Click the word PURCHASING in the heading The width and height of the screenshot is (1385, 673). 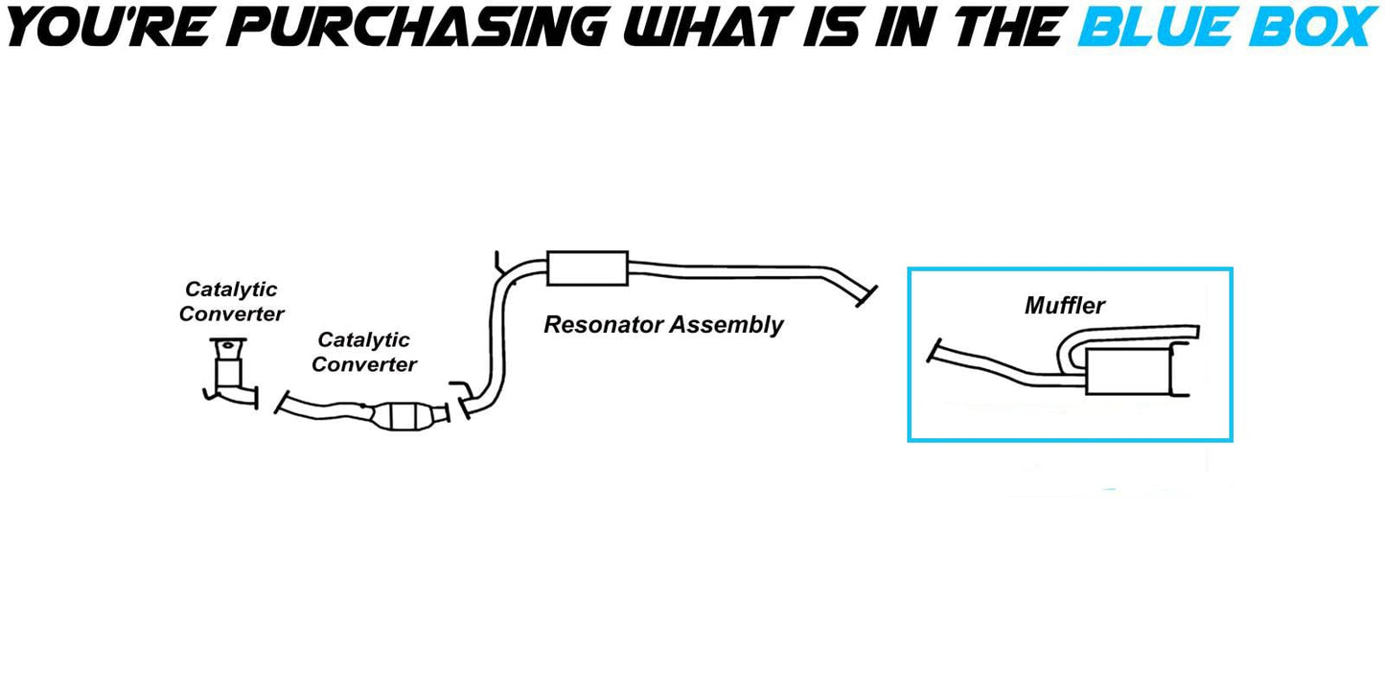(x=422, y=26)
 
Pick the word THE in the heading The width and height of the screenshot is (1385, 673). (x=1006, y=26)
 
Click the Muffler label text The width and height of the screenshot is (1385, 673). (x=1065, y=306)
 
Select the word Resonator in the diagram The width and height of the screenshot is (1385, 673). (x=603, y=325)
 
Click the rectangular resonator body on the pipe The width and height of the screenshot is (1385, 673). (x=587, y=268)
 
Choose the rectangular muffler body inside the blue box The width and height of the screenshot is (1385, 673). (x=1129, y=371)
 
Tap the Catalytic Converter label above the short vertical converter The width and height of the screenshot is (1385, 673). (x=231, y=301)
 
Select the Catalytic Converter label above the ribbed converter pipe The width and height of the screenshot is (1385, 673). (x=364, y=352)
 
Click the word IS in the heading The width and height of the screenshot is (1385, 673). (x=842, y=26)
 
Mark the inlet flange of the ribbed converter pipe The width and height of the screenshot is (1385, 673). (x=280, y=403)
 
